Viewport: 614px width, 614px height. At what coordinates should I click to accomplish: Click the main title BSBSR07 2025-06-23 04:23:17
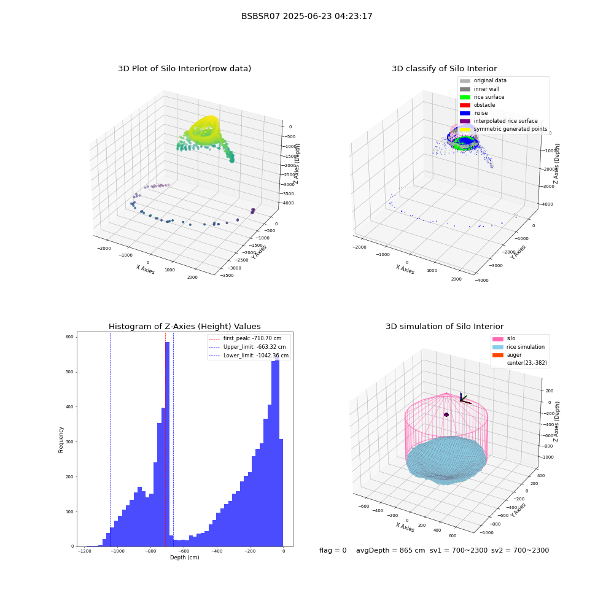tap(306, 16)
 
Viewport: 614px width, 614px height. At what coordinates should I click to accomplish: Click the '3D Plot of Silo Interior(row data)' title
tap(184, 69)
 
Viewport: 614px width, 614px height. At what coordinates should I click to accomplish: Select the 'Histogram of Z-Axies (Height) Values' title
tap(184, 326)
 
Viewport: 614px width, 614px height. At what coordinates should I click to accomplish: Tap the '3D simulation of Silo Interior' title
tap(445, 326)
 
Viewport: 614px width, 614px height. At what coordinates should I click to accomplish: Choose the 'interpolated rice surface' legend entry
tap(499, 121)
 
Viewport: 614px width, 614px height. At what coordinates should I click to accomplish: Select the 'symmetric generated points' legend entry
tap(503, 129)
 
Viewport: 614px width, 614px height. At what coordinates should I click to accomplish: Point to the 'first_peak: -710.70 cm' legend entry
tap(245, 338)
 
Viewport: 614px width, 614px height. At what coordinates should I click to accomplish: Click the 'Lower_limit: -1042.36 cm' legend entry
tap(249, 356)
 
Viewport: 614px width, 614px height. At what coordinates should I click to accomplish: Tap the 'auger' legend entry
tap(507, 355)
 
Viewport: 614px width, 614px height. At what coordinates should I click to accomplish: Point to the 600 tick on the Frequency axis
tap(70, 336)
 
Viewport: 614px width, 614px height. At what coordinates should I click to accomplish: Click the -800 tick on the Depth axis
tap(150, 551)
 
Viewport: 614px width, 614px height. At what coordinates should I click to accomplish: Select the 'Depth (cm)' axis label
tap(184, 558)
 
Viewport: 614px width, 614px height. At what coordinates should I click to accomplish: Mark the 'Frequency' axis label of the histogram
tap(61, 440)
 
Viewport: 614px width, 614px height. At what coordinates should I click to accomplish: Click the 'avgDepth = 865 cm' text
tap(391, 550)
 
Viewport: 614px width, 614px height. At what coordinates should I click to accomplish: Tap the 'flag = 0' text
tap(333, 550)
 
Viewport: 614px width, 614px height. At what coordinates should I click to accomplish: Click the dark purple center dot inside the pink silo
tap(446, 414)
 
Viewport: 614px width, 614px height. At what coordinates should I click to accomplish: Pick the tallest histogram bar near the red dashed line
tap(167, 444)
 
